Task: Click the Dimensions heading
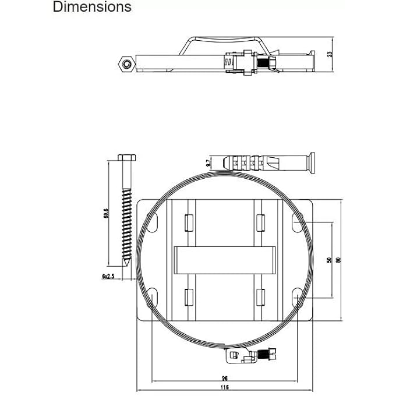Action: tap(92, 8)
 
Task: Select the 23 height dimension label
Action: tap(329, 55)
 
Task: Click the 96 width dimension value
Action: tap(225, 378)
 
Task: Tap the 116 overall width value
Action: tap(225, 387)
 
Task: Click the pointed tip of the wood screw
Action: tap(126, 271)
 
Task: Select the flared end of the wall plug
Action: tap(312, 162)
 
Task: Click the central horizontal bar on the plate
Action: tap(224, 259)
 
